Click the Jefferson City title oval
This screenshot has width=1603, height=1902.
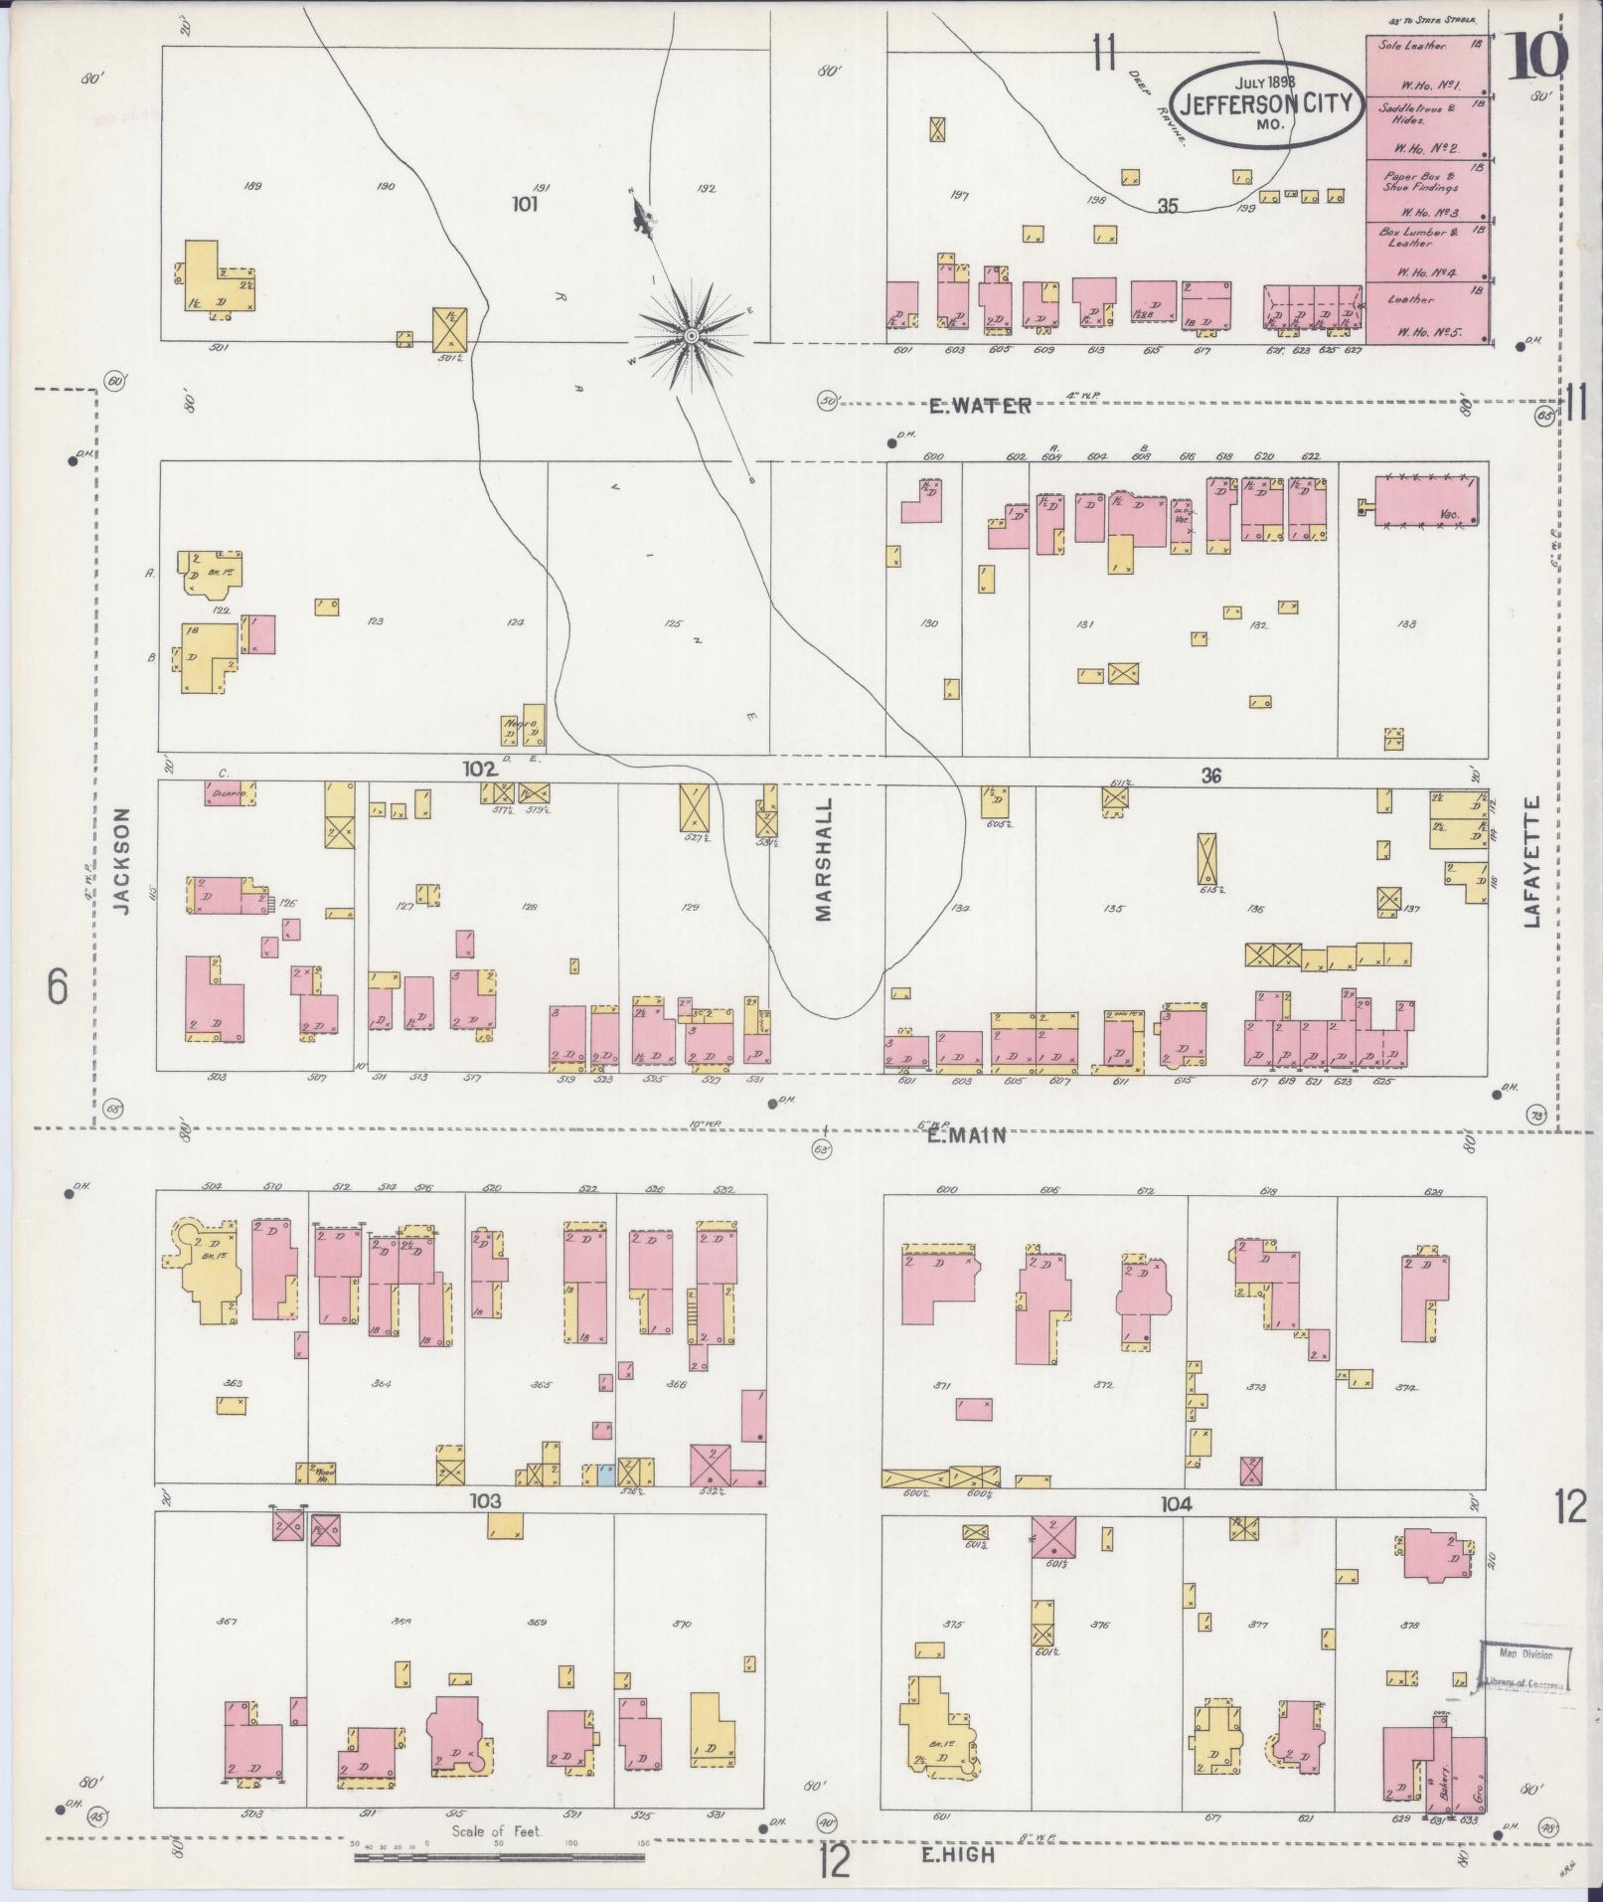click(x=1264, y=104)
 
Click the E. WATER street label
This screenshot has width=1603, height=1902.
click(x=980, y=406)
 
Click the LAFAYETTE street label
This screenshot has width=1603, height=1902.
click(x=1530, y=861)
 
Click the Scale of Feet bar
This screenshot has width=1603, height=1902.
click(x=501, y=1855)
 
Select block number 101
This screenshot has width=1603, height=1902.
click(x=524, y=205)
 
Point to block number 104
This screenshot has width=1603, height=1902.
click(x=1176, y=1504)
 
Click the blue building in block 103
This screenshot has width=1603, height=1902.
click(x=601, y=1472)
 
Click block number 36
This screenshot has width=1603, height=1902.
click(x=1209, y=776)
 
